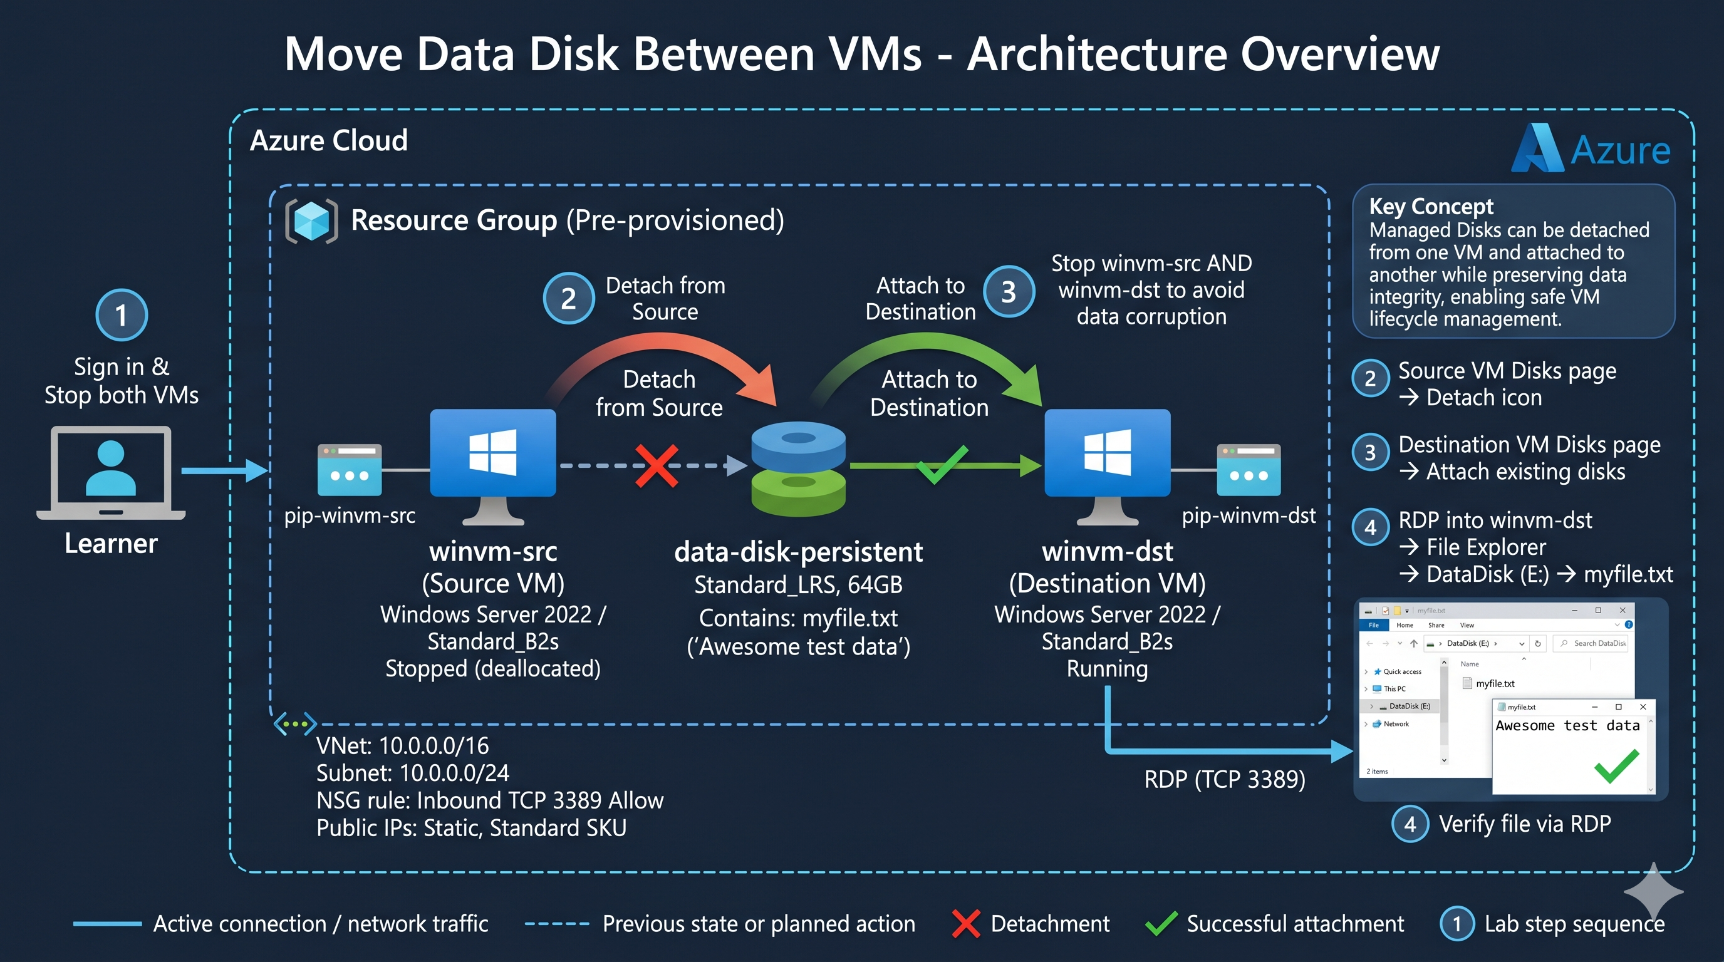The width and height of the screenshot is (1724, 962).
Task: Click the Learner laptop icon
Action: pyautogui.click(x=111, y=472)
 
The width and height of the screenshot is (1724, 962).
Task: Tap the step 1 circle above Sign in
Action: pyautogui.click(x=121, y=315)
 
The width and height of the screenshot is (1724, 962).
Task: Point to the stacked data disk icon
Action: pyautogui.click(x=799, y=469)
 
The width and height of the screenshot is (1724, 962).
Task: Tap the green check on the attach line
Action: pyautogui.click(x=942, y=463)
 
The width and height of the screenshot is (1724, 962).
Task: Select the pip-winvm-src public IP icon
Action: pyautogui.click(x=350, y=470)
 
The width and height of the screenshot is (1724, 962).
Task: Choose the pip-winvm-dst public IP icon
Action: pyautogui.click(x=1249, y=470)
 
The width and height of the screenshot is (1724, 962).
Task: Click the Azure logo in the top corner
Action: pyautogui.click(x=1591, y=148)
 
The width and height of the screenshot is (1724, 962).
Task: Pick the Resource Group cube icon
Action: pyautogui.click(x=311, y=220)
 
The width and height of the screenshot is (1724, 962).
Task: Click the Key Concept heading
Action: pyautogui.click(x=1431, y=206)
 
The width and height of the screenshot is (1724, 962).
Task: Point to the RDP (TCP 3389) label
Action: pyautogui.click(x=1225, y=779)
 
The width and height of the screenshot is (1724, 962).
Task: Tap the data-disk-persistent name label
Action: pyautogui.click(x=799, y=552)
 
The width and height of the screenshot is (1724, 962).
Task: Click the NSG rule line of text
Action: pyautogui.click(x=490, y=801)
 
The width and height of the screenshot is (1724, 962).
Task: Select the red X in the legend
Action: pyautogui.click(x=966, y=924)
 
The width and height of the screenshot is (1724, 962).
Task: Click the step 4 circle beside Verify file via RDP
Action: pyautogui.click(x=1410, y=824)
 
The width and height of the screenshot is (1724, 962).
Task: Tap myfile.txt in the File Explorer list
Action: pyautogui.click(x=1495, y=684)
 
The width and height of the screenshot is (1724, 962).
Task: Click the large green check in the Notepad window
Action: pyautogui.click(x=1617, y=766)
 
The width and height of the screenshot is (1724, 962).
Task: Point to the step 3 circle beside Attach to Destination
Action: pyautogui.click(x=1009, y=292)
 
